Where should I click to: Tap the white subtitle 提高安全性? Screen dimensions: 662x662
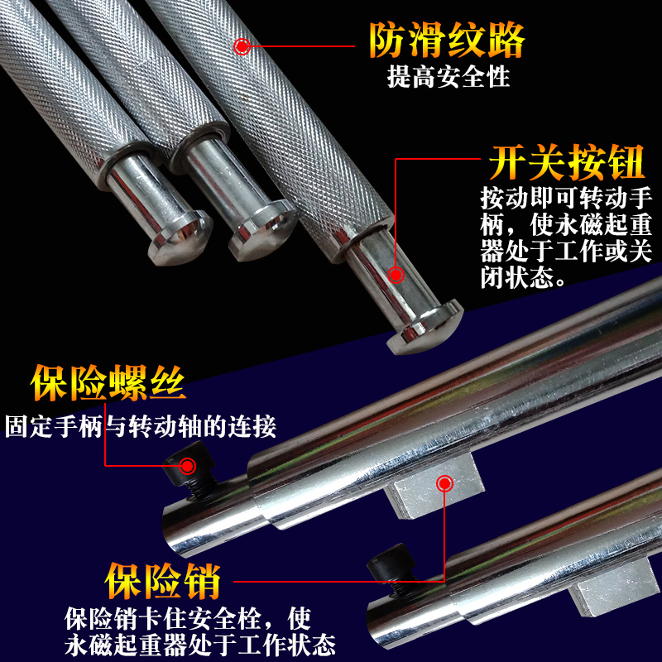[448, 79]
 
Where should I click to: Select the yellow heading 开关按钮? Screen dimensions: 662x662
[566, 163]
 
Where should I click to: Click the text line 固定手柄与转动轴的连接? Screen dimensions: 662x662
[140, 428]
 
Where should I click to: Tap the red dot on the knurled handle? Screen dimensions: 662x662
[242, 46]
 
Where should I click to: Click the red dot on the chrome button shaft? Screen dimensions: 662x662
[396, 275]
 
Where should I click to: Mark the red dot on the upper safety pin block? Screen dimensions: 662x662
[445, 482]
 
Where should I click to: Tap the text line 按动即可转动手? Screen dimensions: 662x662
[565, 200]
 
